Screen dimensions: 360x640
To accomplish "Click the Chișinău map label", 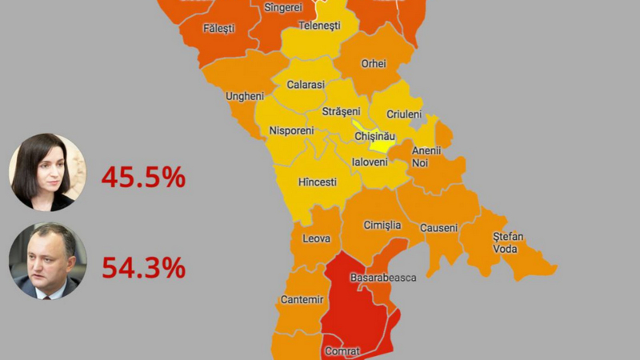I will tap(374, 138).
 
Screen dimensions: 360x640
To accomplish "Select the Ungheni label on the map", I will tap(245, 96).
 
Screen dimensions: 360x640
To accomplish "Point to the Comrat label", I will tap(342, 350).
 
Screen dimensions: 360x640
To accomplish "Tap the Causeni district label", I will tap(438, 228).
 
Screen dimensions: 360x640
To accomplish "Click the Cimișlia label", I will tap(382, 225).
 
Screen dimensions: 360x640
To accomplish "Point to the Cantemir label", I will tap(302, 299).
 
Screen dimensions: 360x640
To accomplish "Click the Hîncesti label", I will tap(318, 182).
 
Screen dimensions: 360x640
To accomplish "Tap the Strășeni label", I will tap(342, 111).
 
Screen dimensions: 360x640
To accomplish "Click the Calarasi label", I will tap(306, 84).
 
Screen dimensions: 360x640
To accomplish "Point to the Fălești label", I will tap(218, 28).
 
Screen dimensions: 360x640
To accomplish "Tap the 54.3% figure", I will tap(143, 267).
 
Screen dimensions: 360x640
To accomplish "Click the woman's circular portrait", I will tap(47, 172).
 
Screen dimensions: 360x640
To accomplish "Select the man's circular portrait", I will tap(47, 261).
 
